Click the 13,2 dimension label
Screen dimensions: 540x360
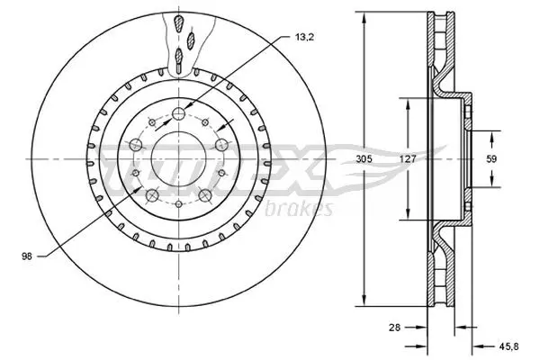pyautogui.click(x=304, y=38)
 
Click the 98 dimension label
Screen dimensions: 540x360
pyautogui.click(x=27, y=256)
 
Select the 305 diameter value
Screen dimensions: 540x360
pyautogui.click(x=364, y=158)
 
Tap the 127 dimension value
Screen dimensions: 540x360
pyautogui.click(x=408, y=158)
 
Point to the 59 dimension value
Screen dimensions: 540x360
pyautogui.click(x=491, y=158)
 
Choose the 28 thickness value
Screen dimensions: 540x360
pyautogui.click(x=395, y=328)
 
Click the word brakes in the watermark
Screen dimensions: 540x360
pyautogui.click(x=299, y=209)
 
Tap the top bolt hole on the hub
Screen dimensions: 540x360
pyautogui.click(x=178, y=112)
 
